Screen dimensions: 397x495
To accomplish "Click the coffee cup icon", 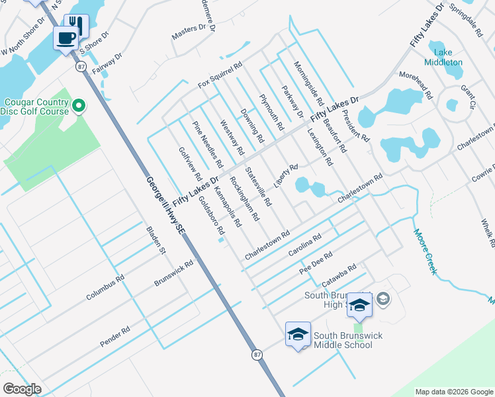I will pyautogui.click(x=66, y=38).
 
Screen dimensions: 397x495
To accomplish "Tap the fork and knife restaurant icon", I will pyautogui.click(x=76, y=26).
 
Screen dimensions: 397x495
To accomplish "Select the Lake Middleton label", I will pyautogui.click(x=448, y=57).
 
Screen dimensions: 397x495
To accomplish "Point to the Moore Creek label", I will pyautogui.click(x=426, y=251).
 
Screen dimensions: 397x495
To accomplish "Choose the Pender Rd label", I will pyautogui.click(x=114, y=335).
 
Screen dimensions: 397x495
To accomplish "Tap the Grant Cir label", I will pyautogui.click(x=468, y=96).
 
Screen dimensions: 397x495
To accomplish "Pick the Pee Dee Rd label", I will pyautogui.click(x=315, y=262).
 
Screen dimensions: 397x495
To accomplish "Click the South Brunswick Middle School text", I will pyautogui.click(x=347, y=340).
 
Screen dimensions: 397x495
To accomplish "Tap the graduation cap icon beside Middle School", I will pyautogui.click(x=297, y=334).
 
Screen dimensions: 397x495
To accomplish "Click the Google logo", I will pyautogui.click(x=22, y=389).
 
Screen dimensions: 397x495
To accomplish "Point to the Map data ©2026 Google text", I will pyautogui.click(x=453, y=392).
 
